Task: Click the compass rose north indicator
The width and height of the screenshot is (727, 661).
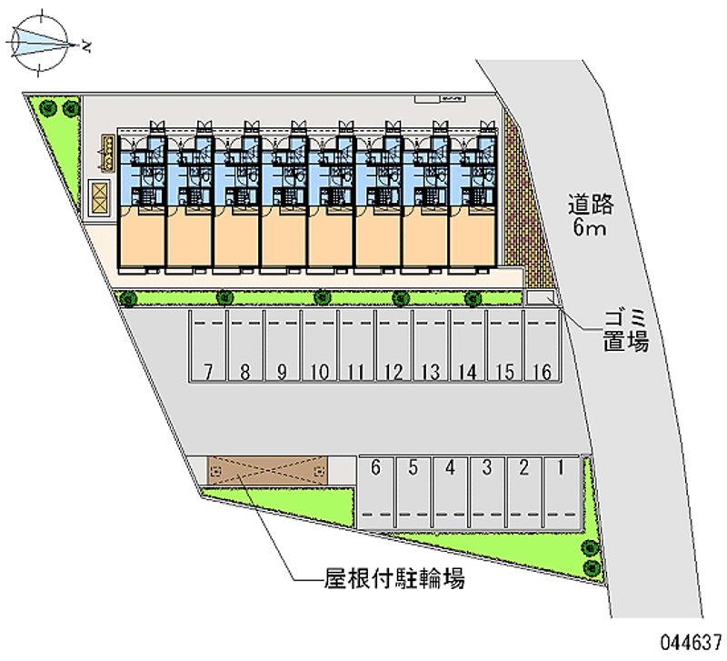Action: (42, 42)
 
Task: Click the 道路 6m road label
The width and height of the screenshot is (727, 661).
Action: (592, 216)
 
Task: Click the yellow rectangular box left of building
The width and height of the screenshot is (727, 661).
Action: (98, 198)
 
